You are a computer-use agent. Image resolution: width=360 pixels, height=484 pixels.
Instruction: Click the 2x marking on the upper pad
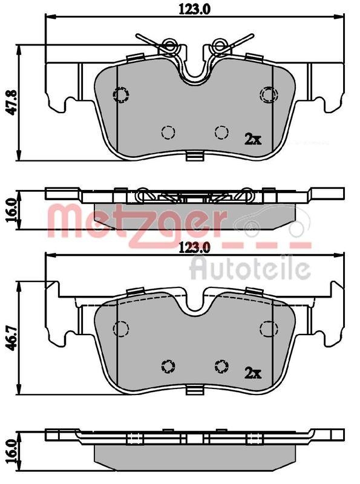tap(252, 139)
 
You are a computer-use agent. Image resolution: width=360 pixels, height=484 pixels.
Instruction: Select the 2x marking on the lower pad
tap(252, 372)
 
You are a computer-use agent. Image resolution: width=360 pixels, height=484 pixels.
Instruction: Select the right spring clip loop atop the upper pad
tap(218, 45)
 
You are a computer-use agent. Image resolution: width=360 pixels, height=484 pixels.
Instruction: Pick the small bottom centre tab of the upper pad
tap(194, 158)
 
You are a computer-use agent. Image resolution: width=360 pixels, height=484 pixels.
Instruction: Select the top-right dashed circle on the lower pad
tap(267, 329)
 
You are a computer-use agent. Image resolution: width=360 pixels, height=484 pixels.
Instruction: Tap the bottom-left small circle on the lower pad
tap(168, 365)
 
